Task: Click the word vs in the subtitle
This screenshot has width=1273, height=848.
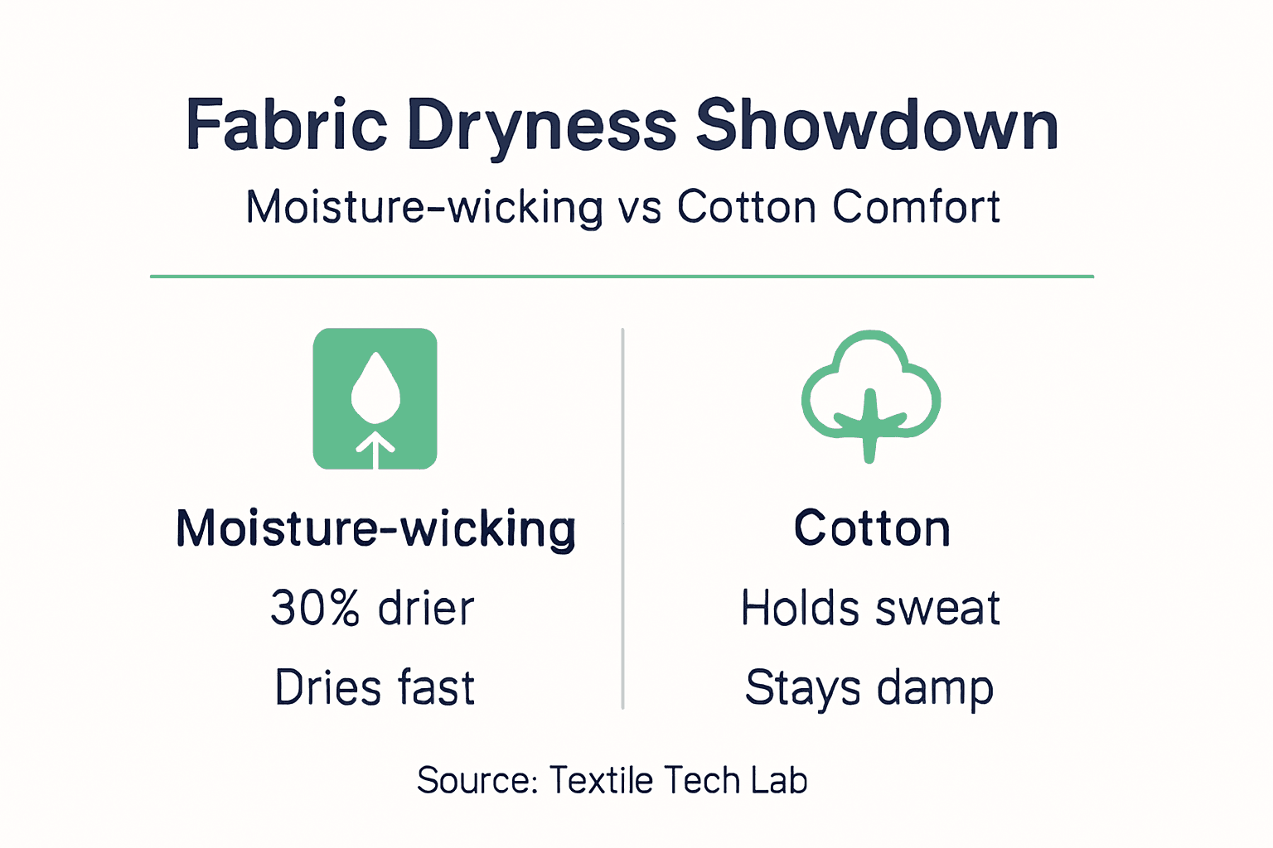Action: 639,207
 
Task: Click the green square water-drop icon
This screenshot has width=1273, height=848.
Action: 375,398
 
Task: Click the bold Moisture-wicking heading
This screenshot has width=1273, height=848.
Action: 375,528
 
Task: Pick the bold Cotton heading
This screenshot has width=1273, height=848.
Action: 872,528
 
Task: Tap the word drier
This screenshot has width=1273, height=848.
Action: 426,608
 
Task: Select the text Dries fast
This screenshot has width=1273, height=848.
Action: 375,687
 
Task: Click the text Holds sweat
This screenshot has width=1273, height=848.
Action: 870,608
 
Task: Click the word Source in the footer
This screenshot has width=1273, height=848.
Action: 477,780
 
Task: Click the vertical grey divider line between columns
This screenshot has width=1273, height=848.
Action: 622,518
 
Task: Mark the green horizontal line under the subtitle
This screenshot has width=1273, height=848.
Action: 622,276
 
